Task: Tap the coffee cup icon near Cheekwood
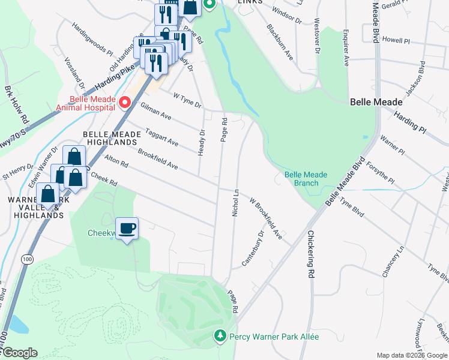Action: (x=127, y=229)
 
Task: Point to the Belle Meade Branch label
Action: (x=306, y=179)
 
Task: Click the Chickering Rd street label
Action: (x=311, y=254)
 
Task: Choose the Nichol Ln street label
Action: (x=236, y=203)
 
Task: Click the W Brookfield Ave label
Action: (x=266, y=219)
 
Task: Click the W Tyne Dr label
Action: (x=187, y=100)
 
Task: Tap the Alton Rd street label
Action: (x=116, y=161)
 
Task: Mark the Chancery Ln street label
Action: (x=393, y=262)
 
